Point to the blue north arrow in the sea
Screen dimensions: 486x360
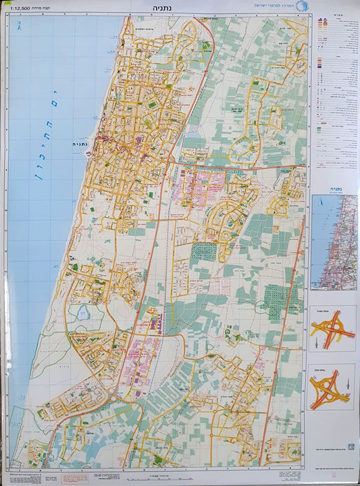coord(20,27)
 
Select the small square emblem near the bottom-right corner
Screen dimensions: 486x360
coord(350,446)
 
